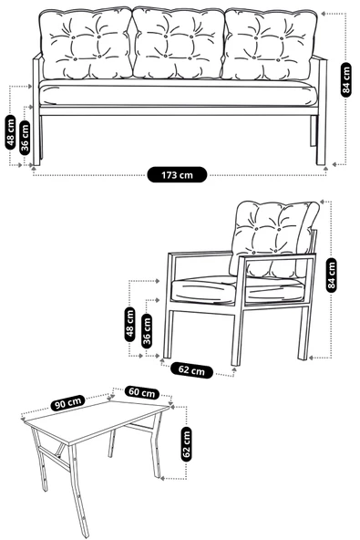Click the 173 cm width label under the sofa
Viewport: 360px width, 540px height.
(x=177, y=173)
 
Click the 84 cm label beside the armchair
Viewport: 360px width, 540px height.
(x=331, y=274)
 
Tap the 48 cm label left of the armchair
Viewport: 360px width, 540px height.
(x=130, y=323)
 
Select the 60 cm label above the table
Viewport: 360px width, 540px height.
(x=141, y=392)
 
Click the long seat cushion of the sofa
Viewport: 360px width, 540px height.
(x=178, y=94)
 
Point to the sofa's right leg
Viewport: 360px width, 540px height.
(x=321, y=137)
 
